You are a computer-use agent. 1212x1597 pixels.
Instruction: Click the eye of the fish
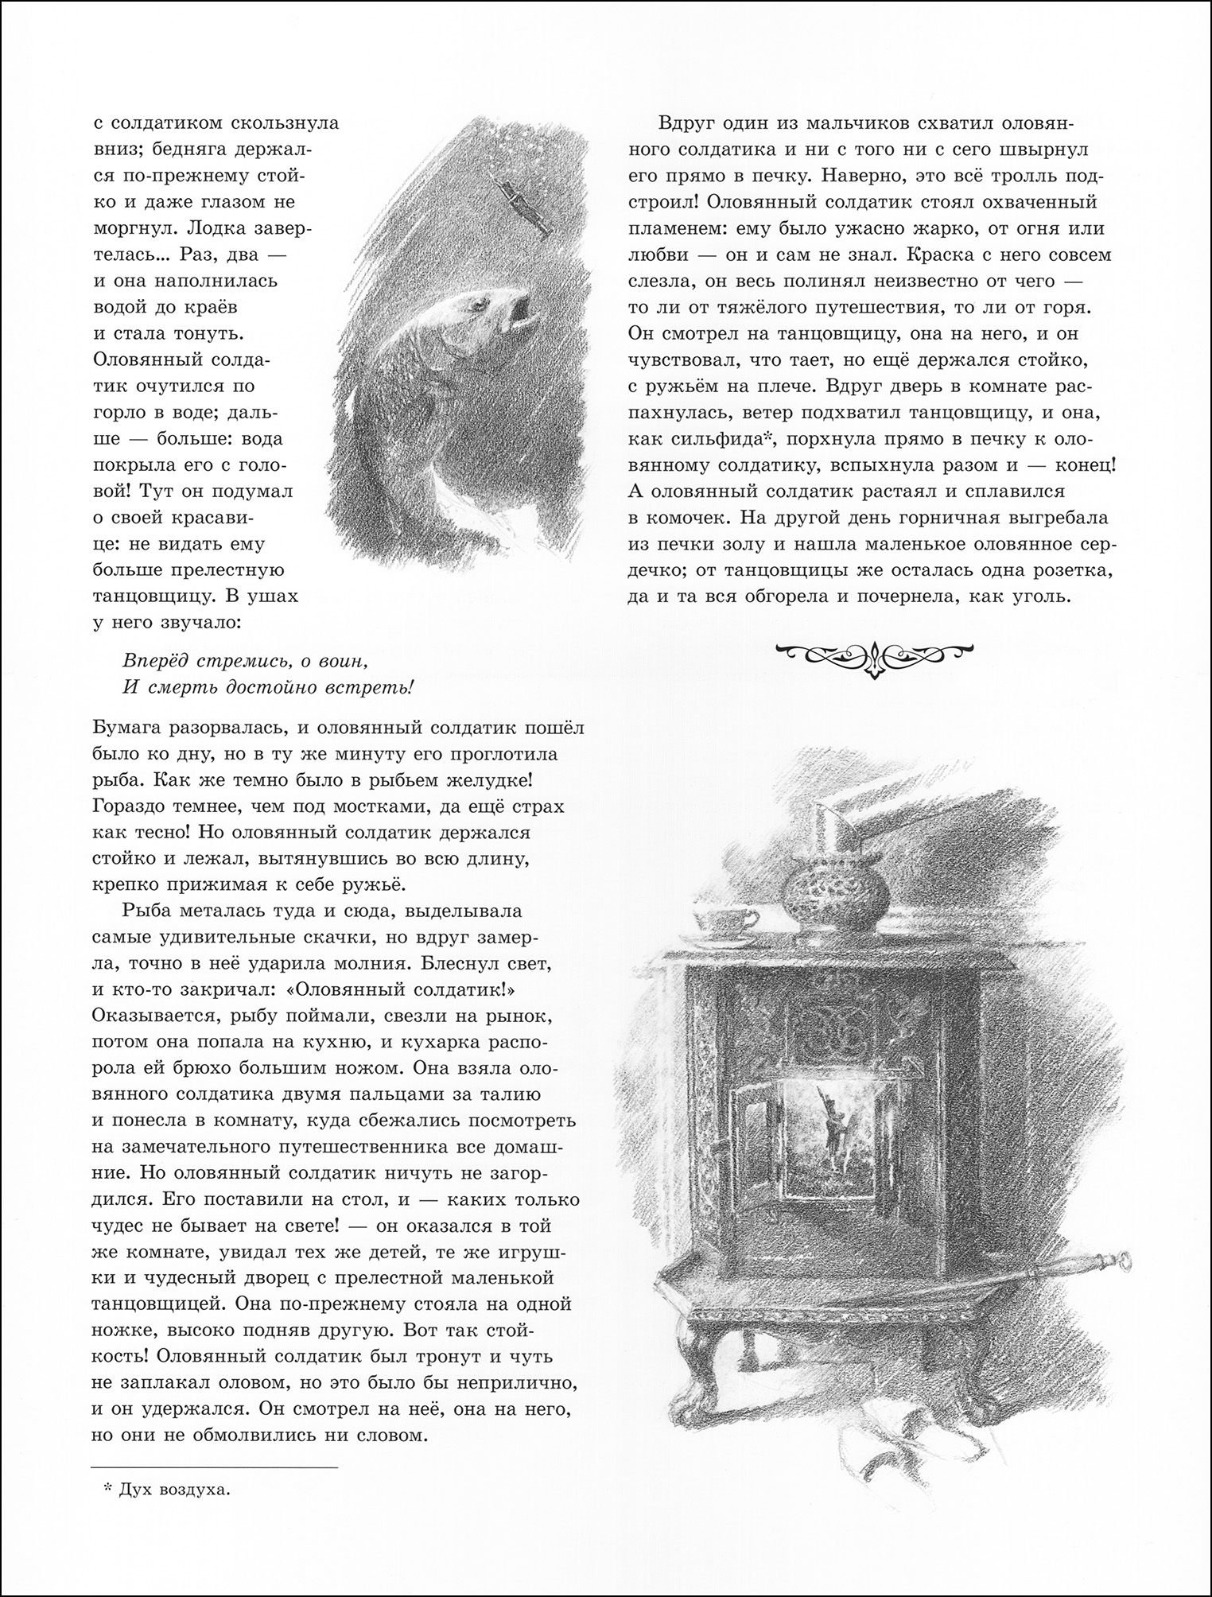480,302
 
